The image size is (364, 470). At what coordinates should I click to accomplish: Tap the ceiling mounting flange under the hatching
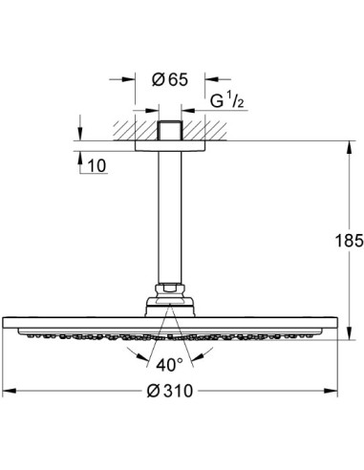tap(172, 142)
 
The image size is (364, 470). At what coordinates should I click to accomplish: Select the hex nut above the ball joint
tap(172, 288)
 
